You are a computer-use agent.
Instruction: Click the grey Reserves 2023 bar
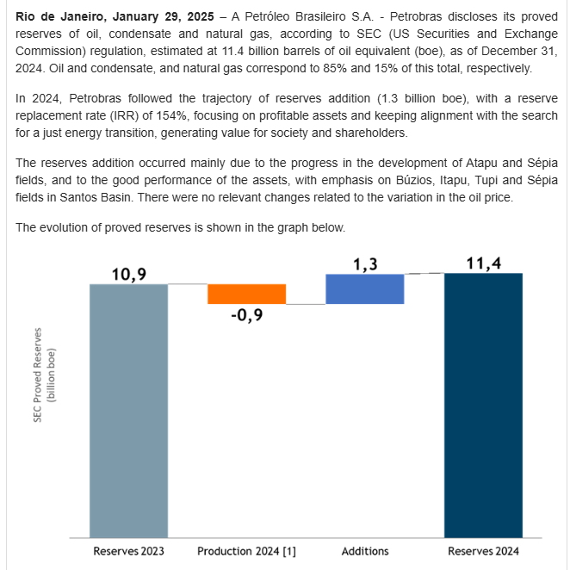[128, 409]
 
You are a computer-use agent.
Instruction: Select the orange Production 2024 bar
[246, 294]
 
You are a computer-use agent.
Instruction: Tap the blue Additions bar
[364, 288]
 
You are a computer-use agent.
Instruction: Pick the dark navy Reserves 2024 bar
[483, 405]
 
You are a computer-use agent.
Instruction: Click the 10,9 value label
[128, 273]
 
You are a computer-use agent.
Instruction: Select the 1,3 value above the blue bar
[364, 264]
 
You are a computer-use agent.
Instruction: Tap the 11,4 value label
[483, 263]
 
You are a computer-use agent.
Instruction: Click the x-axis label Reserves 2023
[128, 551]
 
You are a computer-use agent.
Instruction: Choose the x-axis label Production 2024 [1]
[246, 551]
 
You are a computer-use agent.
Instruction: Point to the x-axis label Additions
[365, 551]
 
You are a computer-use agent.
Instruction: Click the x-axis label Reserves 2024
[483, 551]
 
